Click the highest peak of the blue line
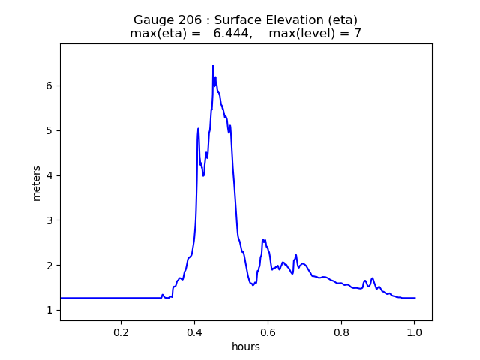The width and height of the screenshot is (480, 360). coord(213,66)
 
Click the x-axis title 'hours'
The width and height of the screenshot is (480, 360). coord(246,346)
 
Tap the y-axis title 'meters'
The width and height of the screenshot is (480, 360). coord(36,182)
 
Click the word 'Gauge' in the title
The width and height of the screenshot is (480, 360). coord(151,19)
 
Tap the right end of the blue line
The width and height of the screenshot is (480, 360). coord(414,298)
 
